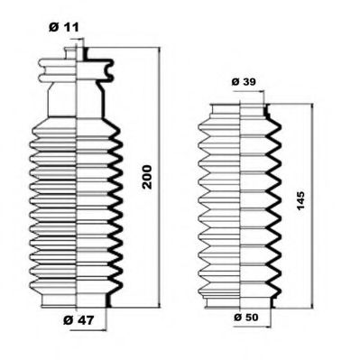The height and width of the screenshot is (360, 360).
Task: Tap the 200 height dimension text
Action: (x=147, y=181)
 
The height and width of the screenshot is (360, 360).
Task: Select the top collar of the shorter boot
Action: (x=238, y=110)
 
